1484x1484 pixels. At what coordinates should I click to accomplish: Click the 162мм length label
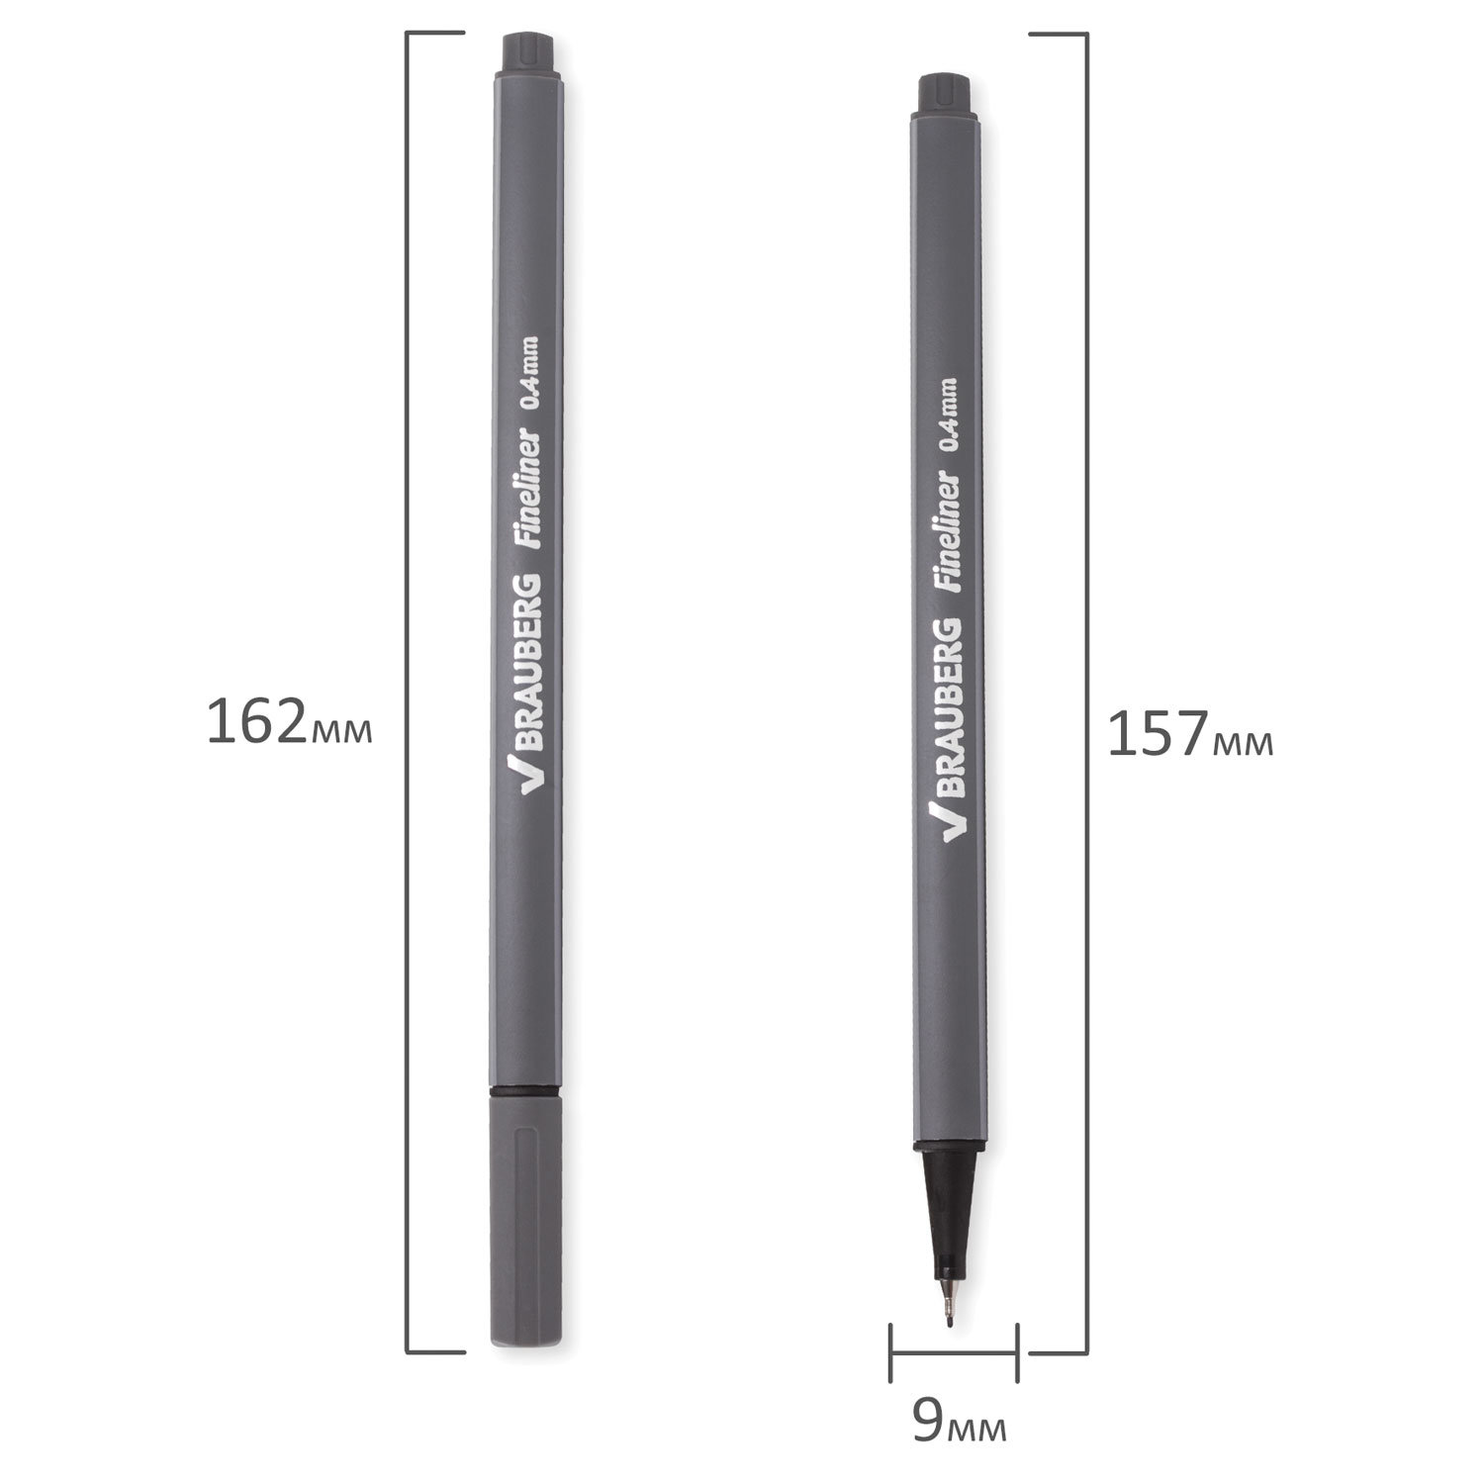[x=289, y=722]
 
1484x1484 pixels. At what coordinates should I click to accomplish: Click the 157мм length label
[x=1190, y=735]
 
